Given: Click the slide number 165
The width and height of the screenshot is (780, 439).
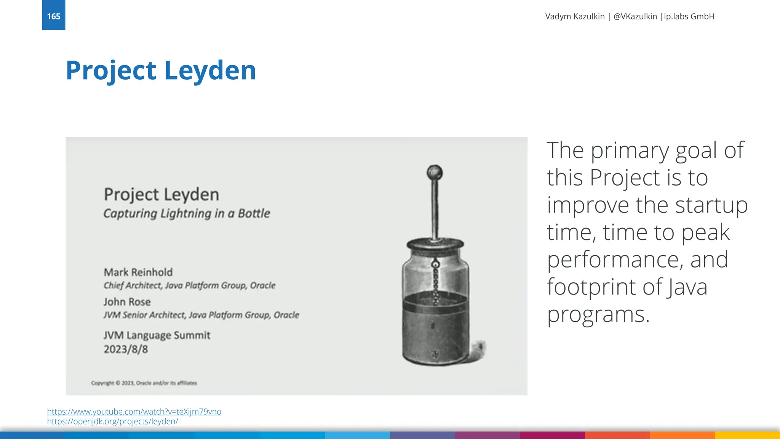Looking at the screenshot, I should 53,16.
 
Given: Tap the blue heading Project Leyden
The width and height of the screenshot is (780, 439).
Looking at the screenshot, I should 161,70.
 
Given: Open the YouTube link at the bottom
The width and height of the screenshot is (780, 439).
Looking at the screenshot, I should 134,412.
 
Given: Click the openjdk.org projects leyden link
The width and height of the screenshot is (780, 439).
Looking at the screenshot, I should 112,421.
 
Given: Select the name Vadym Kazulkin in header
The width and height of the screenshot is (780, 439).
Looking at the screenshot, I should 575,16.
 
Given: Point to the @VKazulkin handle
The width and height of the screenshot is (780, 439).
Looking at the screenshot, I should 635,16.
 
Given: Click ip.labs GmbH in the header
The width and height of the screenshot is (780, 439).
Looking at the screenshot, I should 689,16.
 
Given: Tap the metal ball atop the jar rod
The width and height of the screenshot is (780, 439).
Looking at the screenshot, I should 435,173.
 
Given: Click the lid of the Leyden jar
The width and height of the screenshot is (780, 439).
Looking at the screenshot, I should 435,244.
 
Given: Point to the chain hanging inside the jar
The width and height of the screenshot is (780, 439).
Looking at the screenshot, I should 436,282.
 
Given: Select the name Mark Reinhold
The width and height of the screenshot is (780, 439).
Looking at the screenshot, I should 138,272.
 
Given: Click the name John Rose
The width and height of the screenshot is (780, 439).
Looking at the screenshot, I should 127,302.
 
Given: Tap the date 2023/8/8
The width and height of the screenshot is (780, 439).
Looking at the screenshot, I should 126,349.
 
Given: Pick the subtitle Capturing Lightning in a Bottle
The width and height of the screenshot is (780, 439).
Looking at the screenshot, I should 187,213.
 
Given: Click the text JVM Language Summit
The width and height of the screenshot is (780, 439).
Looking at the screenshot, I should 157,335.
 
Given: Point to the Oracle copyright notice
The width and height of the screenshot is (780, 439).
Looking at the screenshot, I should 144,383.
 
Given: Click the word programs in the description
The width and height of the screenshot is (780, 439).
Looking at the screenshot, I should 598,315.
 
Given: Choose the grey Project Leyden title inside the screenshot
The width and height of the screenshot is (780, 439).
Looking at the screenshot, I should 161,194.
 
